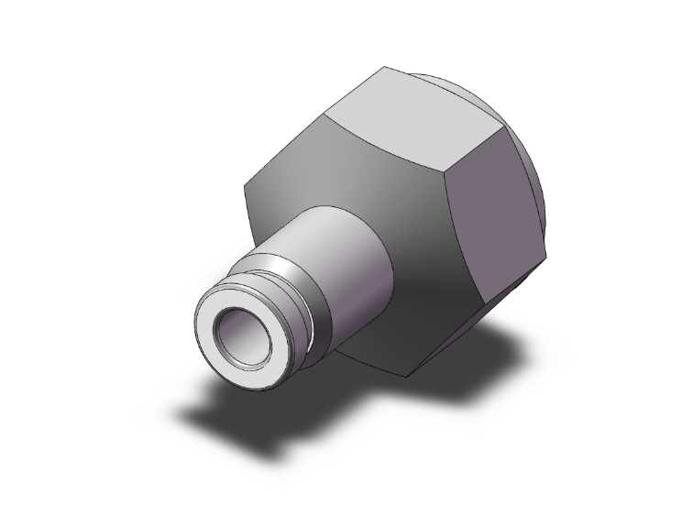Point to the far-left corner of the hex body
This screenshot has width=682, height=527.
[x=244, y=187]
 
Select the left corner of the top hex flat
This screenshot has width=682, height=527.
[x=328, y=114]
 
